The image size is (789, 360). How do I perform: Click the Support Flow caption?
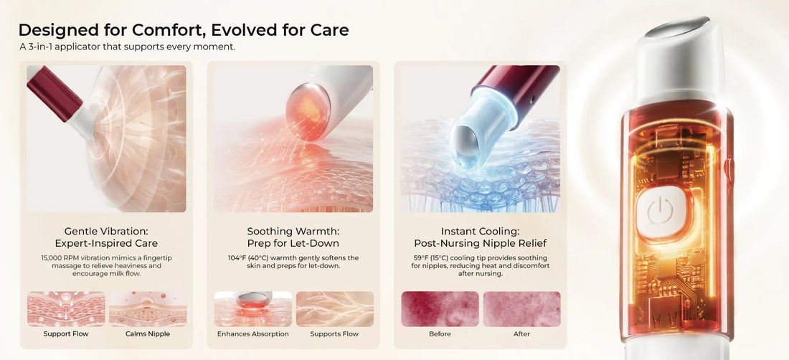click(x=66, y=334)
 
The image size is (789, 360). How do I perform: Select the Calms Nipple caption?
click(x=148, y=334)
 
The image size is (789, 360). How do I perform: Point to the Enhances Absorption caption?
click(x=253, y=334)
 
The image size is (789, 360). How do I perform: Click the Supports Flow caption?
click(x=335, y=334)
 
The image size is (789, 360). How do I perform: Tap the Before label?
click(x=440, y=334)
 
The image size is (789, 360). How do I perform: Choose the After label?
click(x=521, y=334)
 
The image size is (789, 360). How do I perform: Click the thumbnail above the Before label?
click(x=440, y=308)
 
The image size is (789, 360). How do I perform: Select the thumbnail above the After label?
click(x=521, y=308)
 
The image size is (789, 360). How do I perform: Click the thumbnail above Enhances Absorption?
click(x=253, y=308)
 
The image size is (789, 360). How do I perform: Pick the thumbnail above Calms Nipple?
click(x=148, y=308)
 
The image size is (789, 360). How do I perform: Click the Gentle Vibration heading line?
click(x=106, y=232)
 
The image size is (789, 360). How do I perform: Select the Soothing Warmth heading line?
click(x=293, y=232)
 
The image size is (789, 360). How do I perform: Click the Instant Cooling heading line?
click(x=480, y=232)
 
